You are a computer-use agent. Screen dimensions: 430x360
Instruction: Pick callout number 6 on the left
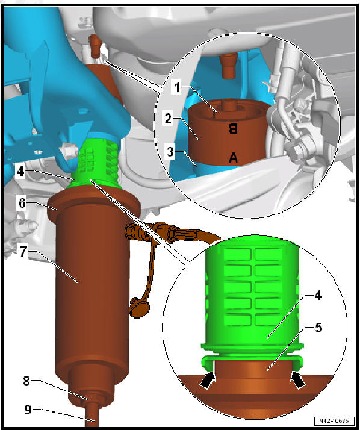[22, 204]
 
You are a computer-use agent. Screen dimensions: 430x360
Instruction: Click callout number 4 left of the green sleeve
[20, 170]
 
